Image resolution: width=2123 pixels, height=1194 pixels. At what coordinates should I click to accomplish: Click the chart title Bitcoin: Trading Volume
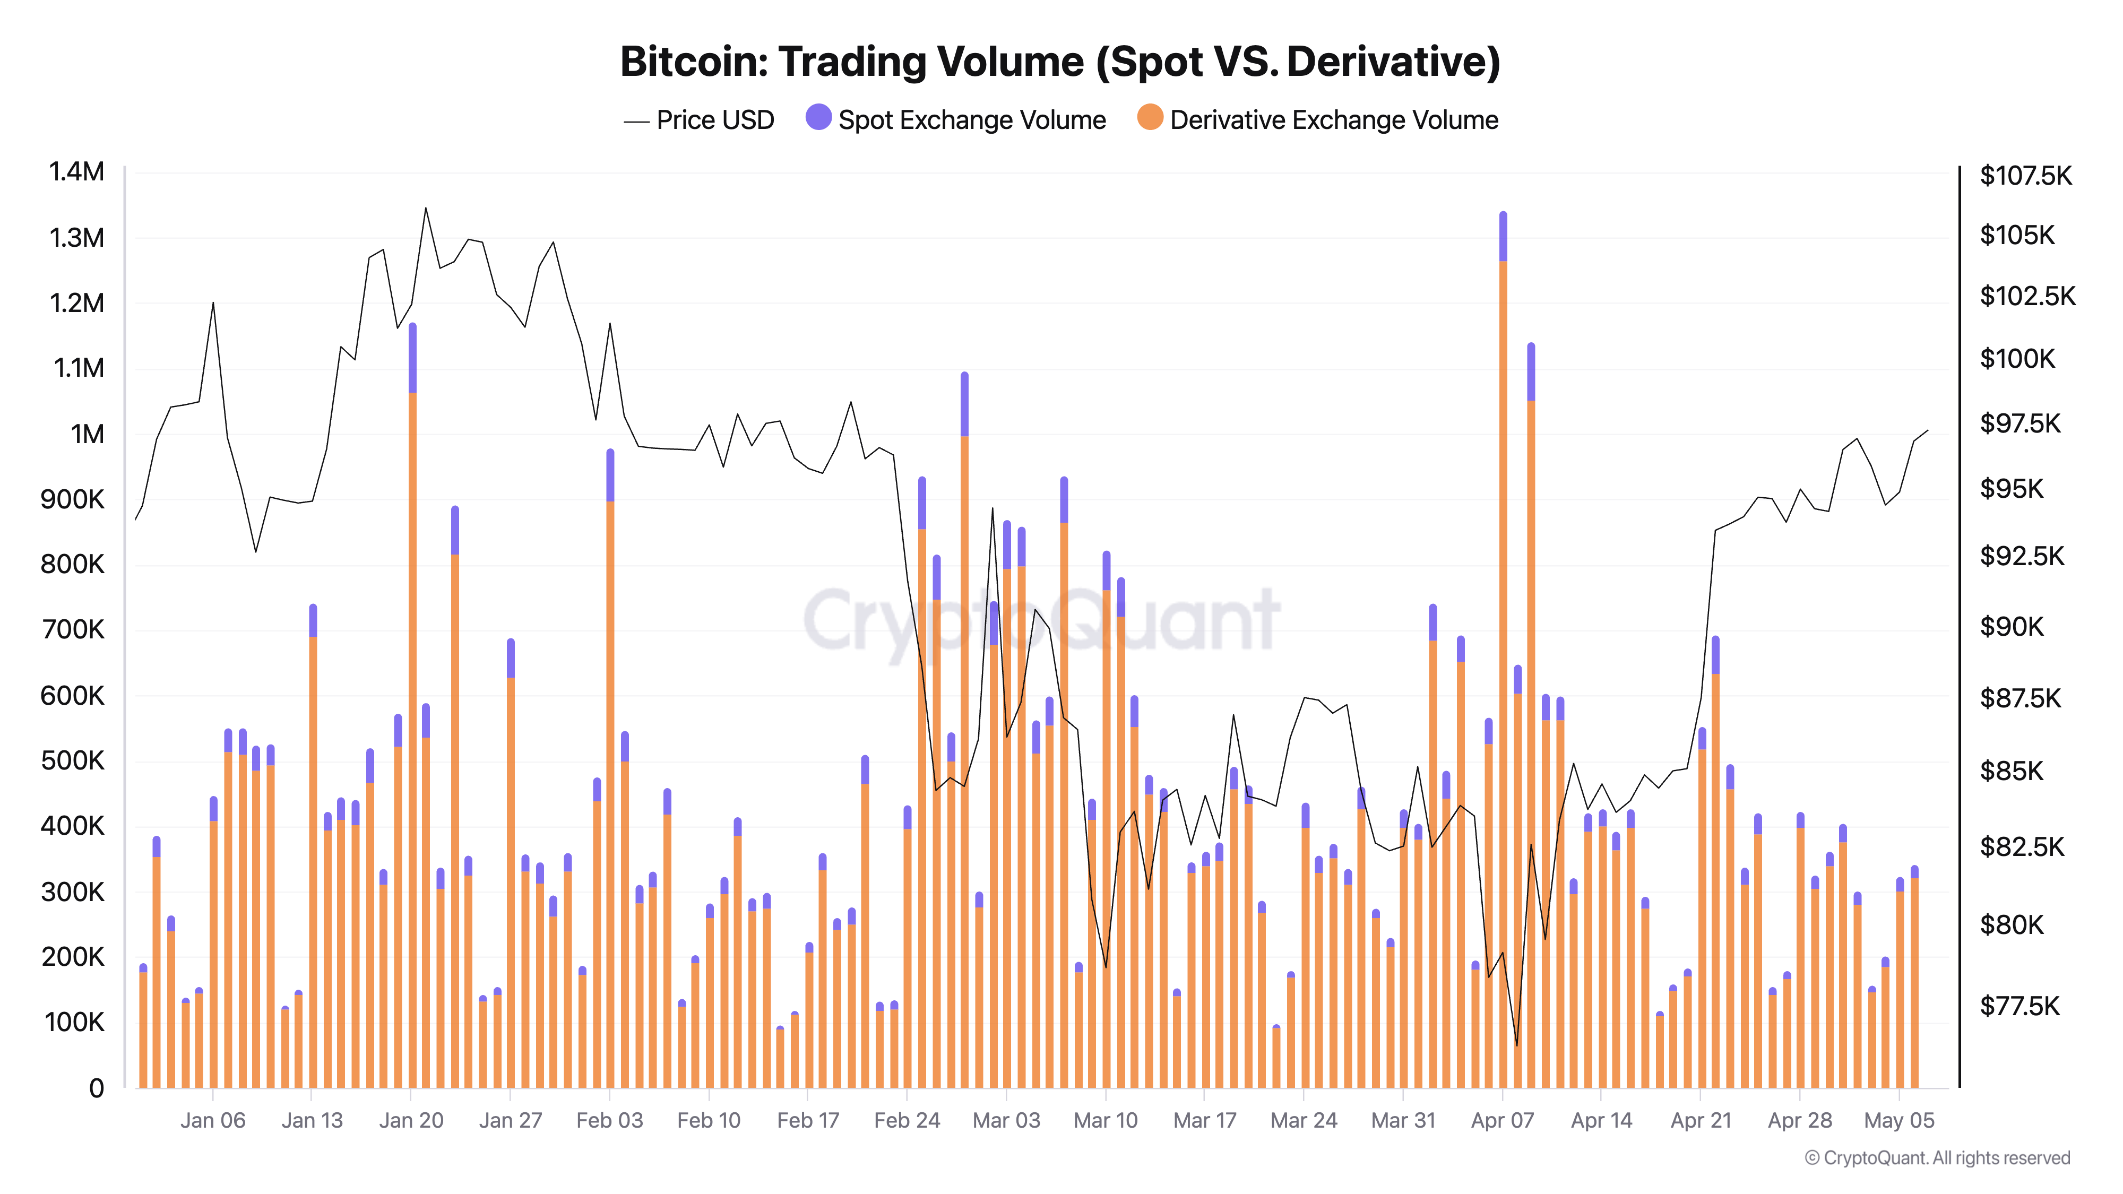pos(1060,62)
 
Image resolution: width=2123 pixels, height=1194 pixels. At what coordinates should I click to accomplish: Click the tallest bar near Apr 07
pos(1503,659)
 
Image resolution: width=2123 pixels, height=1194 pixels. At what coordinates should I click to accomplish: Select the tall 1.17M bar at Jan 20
pos(412,708)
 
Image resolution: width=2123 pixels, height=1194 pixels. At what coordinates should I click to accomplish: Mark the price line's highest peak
pos(425,209)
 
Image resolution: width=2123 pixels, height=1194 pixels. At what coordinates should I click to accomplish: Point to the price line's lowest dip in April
pos(1516,1045)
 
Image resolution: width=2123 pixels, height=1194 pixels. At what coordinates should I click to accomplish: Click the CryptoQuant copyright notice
pos(1937,1158)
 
